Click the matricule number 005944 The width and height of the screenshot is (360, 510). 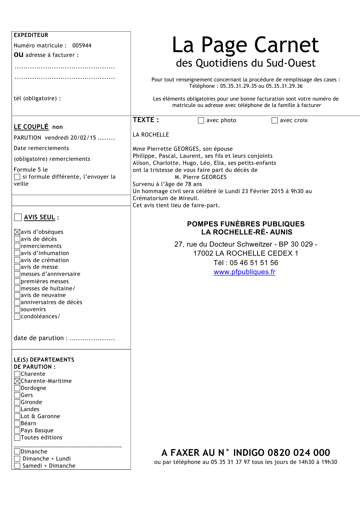coord(82,45)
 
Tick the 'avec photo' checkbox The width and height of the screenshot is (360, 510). coord(201,120)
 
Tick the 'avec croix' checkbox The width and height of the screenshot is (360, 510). coord(275,120)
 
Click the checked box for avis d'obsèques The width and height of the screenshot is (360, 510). coord(17,232)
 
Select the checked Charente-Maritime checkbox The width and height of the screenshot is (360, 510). coord(17,381)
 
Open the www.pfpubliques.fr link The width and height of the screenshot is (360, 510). coord(244,272)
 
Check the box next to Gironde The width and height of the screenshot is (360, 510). coord(17,402)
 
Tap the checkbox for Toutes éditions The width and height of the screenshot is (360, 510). coord(17,437)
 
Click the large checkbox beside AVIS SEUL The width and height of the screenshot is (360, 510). coord(18,217)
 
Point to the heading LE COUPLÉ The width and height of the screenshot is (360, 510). coord(31,127)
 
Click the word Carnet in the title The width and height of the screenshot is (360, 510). coord(286,45)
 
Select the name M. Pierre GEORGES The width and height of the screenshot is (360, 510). coord(201,177)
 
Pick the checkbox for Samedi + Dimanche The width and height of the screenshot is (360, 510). coord(17,466)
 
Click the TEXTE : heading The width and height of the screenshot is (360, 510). coord(146,120)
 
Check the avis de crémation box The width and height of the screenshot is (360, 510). coord(17,260)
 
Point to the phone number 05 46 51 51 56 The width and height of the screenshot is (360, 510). coord(254,263)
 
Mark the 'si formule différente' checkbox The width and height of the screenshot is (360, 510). coord(17,177)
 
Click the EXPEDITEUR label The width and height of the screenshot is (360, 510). coord(31,35)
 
